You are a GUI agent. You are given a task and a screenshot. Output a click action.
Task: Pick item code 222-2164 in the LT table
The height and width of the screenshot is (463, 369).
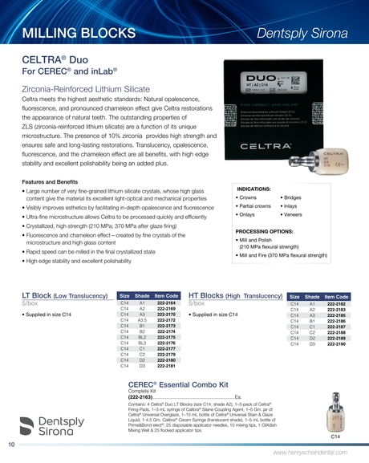point(165,303)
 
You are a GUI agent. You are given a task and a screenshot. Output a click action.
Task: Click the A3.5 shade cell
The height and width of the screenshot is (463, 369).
point(142,319)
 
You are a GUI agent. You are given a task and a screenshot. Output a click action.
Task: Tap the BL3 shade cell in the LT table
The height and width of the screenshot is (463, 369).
point(142,343)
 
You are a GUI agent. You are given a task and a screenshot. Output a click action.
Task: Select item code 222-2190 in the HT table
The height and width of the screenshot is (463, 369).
point(336,343)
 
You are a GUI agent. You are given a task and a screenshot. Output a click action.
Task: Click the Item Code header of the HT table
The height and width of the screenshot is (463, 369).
point(336,296)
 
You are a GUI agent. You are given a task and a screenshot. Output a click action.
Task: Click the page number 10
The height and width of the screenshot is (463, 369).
point(11,443)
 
